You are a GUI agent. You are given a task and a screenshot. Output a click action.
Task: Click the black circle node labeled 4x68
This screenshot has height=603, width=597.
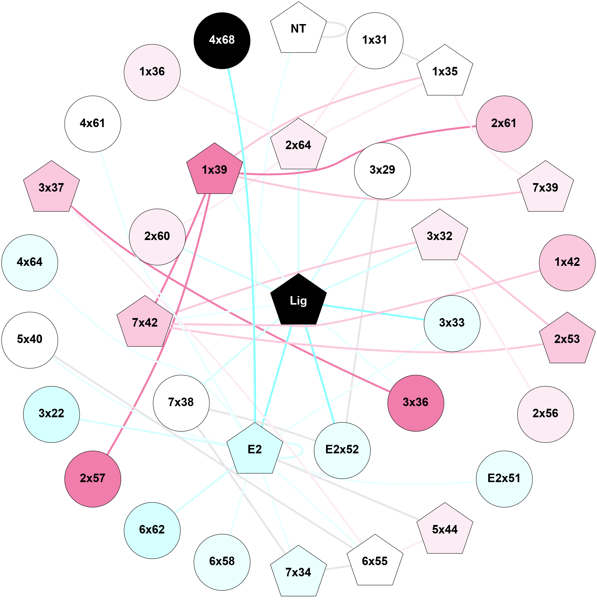[x=222, y=40]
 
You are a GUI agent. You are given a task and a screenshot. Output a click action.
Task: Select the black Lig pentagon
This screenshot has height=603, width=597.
[x=298, y=301]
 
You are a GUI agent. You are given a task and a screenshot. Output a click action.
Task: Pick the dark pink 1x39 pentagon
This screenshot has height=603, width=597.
[x=215, y=170]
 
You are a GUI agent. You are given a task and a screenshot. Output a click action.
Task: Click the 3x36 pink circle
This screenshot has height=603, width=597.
[x=415, y=403]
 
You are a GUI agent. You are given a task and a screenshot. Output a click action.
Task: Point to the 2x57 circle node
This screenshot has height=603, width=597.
[x=93, y=479]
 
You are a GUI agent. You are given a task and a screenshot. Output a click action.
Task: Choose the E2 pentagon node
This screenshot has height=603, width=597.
[x=255, y=450]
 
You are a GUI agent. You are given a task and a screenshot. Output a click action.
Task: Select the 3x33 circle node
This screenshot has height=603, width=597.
[x=452, y=323]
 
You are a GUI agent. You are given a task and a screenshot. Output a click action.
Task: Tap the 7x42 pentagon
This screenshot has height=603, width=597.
[x=145, y=323]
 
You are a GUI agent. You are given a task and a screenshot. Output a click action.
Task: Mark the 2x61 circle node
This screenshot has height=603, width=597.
[x=504, y=124]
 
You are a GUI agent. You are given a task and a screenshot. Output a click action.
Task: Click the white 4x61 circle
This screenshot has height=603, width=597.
[x=93, y=124]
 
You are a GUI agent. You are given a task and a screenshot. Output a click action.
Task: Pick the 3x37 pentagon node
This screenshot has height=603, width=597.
[x=52, y=188]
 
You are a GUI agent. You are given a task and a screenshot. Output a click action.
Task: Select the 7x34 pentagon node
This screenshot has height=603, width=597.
[x=298, y=572]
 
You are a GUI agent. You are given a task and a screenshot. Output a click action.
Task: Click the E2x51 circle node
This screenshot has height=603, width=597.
[x=504, y=479]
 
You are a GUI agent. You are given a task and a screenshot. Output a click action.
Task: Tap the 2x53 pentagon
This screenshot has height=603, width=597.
[x=567, y=339]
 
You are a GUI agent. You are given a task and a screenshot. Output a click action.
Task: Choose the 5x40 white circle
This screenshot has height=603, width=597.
[x=30, y=340]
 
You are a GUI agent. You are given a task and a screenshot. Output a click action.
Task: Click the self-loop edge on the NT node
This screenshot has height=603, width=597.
[x=346, y=30]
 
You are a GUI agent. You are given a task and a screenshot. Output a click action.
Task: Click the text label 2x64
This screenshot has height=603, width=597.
[x=298, y=146]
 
